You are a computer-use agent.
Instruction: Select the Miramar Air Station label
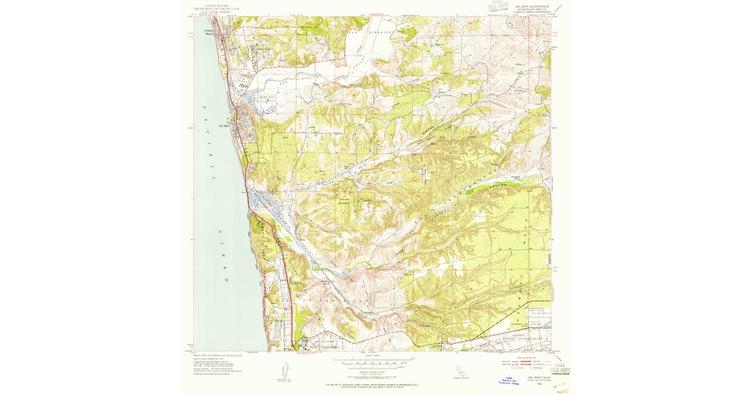point(526,324)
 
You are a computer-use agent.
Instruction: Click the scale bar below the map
point(373,362)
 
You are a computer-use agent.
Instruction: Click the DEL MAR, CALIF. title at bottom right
point(538,378)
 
